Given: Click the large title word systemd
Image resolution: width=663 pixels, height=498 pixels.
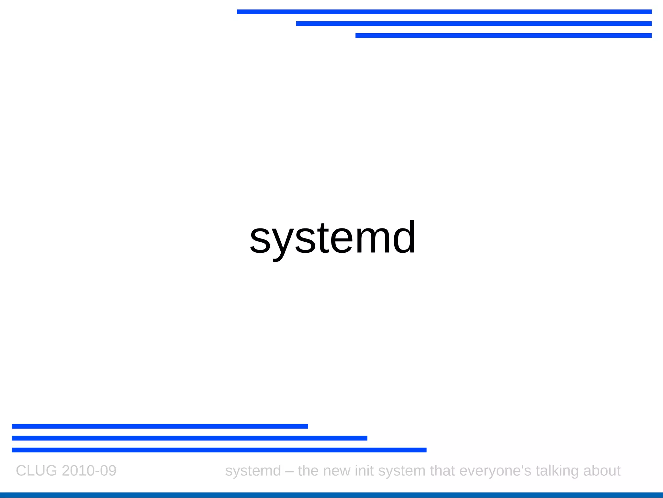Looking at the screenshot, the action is point(332,238).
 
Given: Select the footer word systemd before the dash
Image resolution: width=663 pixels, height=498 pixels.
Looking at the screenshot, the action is point(253,471).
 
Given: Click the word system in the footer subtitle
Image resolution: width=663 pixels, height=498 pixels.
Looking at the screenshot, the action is point(401,471).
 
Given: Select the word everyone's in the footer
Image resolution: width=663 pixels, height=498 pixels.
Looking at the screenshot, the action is point(495,471).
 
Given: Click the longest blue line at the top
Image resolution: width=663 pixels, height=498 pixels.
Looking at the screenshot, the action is point(444,12).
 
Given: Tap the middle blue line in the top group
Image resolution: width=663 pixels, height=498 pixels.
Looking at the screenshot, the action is point(474,24).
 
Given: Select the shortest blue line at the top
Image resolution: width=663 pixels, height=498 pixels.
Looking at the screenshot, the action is point(503,36).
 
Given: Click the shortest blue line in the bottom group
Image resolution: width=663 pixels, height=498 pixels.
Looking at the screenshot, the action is point(160,426).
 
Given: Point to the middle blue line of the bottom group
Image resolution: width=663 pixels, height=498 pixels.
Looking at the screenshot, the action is point(189,438).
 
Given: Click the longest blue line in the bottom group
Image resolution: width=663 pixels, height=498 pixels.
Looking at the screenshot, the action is point(219,450).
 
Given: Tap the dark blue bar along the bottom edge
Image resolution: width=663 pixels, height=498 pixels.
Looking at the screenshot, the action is point(331,495).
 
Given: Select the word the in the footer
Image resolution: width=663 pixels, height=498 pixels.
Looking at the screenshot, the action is point(308,471).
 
